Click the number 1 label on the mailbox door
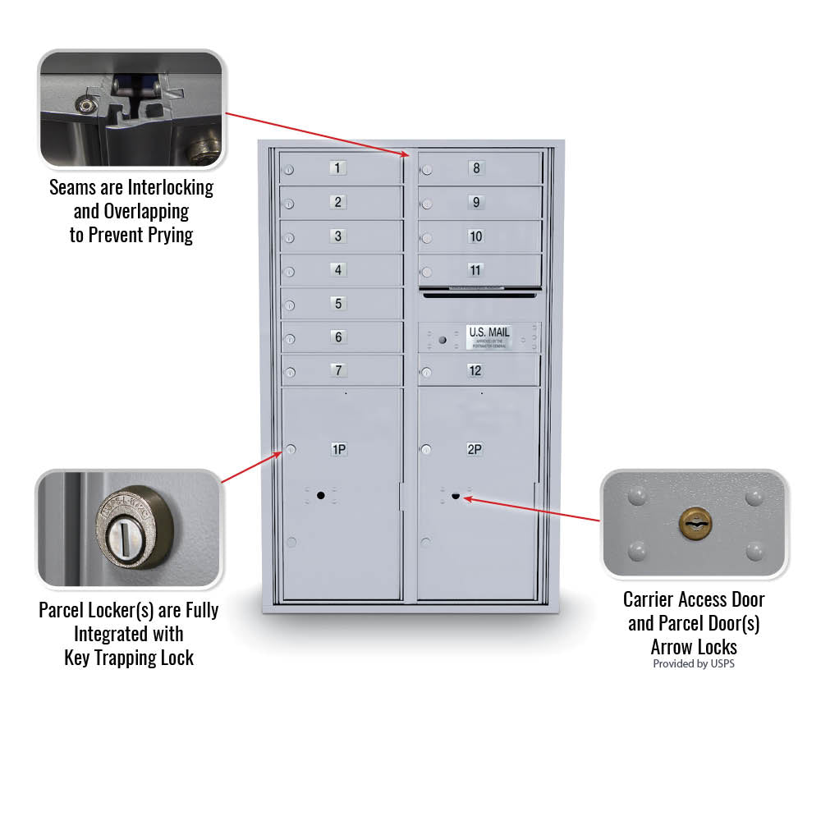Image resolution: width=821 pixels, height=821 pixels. [338, 168]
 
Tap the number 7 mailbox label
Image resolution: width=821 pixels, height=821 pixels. [338, 370]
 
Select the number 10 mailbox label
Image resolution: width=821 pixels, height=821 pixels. [475, 236]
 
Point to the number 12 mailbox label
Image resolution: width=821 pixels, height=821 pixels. [475, 370]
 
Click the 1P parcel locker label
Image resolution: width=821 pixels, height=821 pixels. [338, 449]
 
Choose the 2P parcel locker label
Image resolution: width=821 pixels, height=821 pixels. [475, 449]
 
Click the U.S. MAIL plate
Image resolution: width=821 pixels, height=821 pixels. [488, 337]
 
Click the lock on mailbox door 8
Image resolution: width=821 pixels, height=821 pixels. [426, 171]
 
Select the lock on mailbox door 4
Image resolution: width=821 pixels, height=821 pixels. [289, 272]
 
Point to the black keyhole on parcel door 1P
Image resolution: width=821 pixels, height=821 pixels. [320, 495]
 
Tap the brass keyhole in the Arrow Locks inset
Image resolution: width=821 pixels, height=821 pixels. [695, 523]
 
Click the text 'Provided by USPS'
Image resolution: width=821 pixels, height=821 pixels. [694, 663]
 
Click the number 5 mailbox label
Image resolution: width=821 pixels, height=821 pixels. [338, 304]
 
